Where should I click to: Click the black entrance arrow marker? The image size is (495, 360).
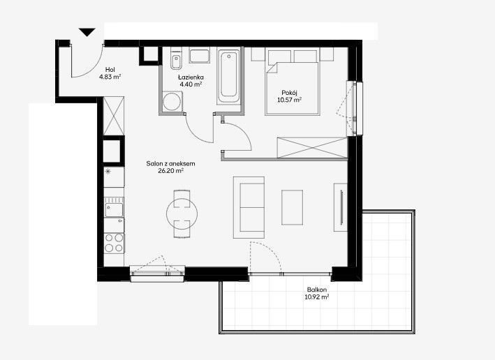pyautogui.click(x=87, y=32)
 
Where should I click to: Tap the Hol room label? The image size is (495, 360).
pyautogui.click(x=110, y=69)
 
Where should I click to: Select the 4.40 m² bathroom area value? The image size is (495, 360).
pyautogui.click(x=191, y=84)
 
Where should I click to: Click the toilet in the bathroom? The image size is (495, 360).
pyautogui.click(x=176, y=59)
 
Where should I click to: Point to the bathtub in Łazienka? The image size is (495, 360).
pyautogui.click(x=229, y=76)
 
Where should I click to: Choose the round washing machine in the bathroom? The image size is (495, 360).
pyautogui.click(x=172, y=101)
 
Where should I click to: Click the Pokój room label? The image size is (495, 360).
pyautogui.click(x=290, y=93)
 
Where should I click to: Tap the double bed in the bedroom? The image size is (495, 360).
pyautogui.click(x=293, y=82)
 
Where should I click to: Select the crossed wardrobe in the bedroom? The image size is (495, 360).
pyautogui.click(x=312, y=148)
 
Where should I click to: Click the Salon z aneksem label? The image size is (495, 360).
pyautogui.click(x=170, y=163)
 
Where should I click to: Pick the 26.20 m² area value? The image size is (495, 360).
pyautogui.click(x=171, y=171)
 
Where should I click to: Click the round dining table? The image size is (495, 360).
pyautogui.click(x=182, y=214)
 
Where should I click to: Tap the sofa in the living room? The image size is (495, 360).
pyautogui.click(x=249, y=207)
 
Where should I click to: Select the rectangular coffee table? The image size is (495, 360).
pyautogui.click(x=292, y=207)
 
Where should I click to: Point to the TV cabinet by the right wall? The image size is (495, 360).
pyautogui.click(x=341, y=207)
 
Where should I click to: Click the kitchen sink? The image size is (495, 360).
pyautogui.click(x=114, y=207)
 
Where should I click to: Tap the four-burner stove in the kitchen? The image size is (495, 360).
pyautogui.click(x=114, y=243)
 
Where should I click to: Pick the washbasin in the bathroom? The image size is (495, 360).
pyautogui.click(x=200, y=56)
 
